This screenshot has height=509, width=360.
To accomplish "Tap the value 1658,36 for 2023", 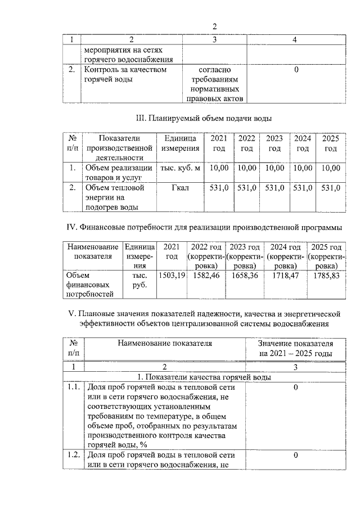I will [x=245, y=276].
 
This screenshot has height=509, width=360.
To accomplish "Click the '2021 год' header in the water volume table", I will [x=218, y=143].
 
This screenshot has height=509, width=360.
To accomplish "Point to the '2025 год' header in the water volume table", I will [x=331, y=143].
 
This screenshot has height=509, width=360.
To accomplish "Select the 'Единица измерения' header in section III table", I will [x=180, y=143].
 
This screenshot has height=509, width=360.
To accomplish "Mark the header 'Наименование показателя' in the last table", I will [x=165, y=343].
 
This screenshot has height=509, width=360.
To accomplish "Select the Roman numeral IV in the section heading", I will [x=71, y=227].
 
